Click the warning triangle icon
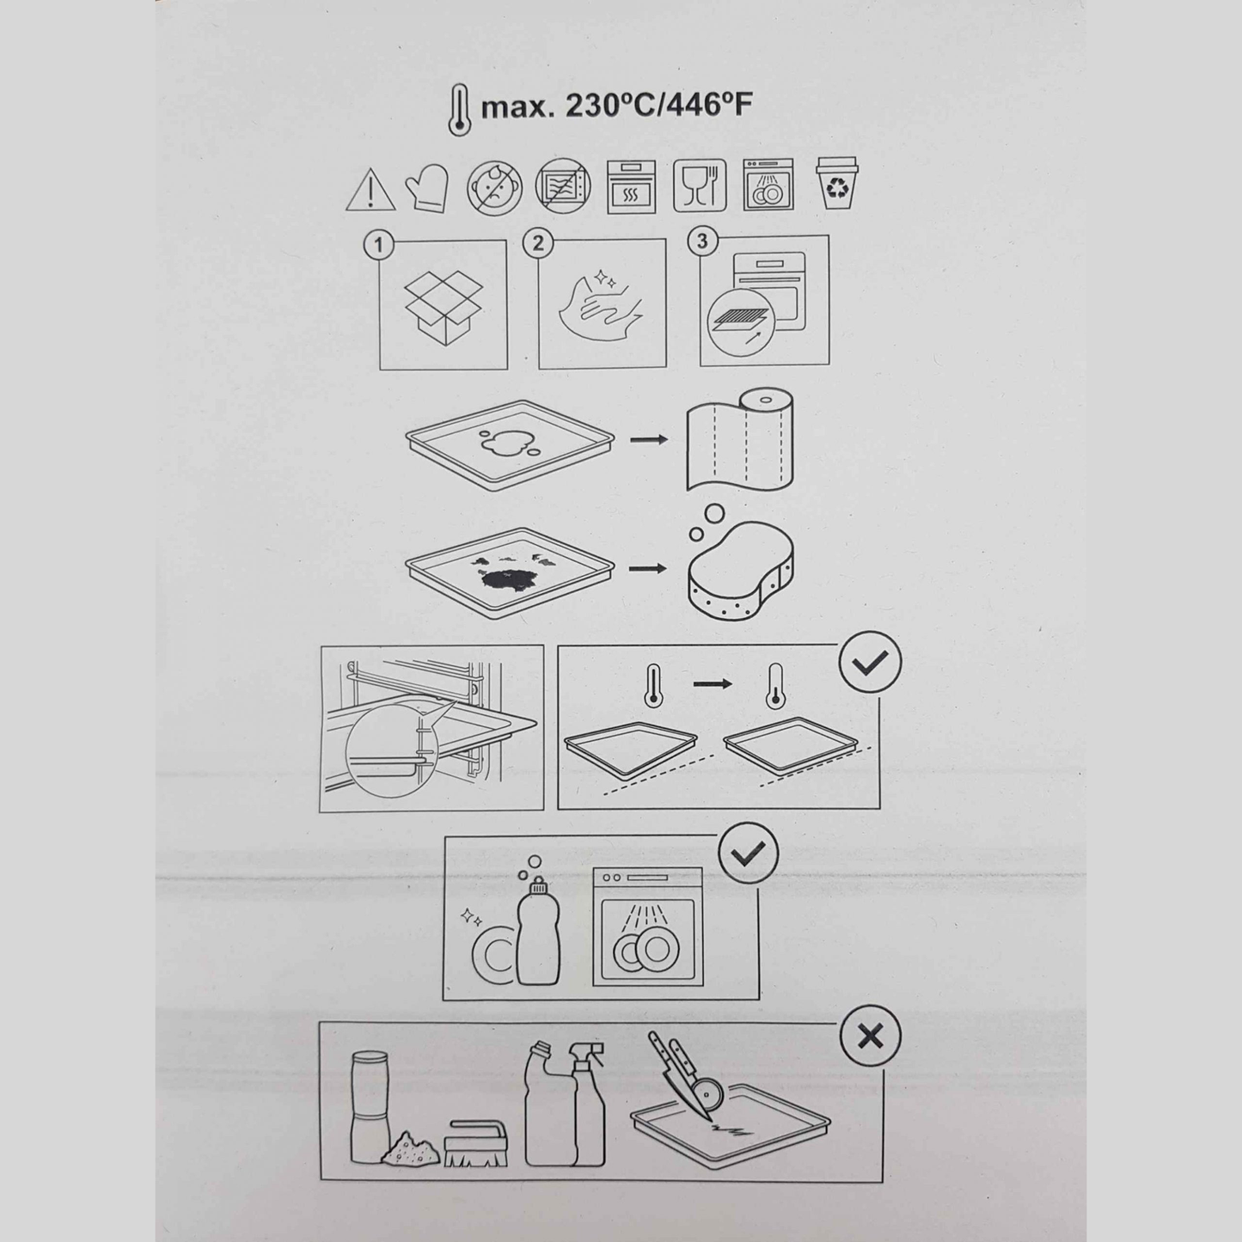(370, 191)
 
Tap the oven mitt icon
(427, 187)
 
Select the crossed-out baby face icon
(494, 187)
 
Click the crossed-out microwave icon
(563, 186)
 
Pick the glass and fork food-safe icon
(700, 186)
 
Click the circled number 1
(379, 245)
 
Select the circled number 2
(538, 243)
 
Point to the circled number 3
(702, 241)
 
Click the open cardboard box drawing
(443, 308)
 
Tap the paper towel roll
(740, 439)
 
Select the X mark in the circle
(870, 1037)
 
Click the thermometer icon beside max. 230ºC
(459, 110)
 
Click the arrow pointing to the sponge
(648, 568)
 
